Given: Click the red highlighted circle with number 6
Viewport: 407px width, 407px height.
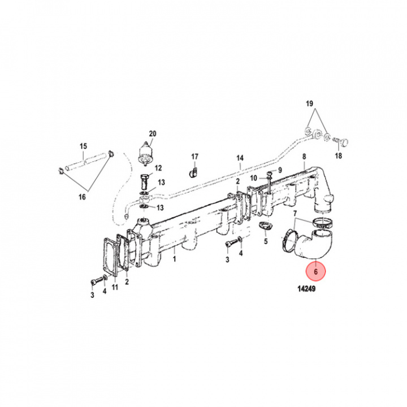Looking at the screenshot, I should (x=317, y=272).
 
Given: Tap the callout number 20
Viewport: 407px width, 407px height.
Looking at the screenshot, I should (x=152, y=134).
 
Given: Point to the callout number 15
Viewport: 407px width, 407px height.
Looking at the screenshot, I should (x=83, y=146).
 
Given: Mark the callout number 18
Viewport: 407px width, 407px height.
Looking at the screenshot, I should (x=339, y=156).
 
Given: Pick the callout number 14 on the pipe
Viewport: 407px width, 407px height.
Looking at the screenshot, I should (x=240, y=158).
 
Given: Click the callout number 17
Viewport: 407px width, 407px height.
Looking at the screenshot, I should (x=194, y=156).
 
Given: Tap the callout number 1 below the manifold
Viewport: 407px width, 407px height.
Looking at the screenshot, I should (x=175, y=258).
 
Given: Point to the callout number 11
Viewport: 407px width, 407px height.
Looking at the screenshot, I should (x=115, y=288).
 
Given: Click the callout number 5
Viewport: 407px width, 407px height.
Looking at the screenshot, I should (x=265, y=241).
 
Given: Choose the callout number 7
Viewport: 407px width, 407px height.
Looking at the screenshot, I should (x=295, y=214).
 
